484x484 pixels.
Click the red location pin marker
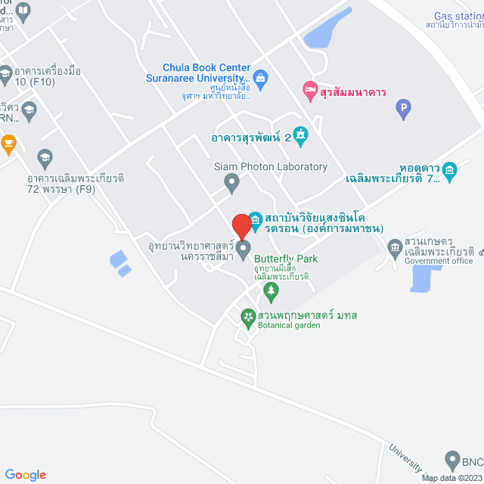pos(241,226)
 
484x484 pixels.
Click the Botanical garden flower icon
pos(247,316)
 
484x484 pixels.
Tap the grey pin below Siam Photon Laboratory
pos(233,181)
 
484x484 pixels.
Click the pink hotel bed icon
pos(309,92)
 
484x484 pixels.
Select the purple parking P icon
pos(403,110)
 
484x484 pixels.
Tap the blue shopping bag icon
pos(260,77)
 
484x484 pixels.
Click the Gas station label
pos(458,17)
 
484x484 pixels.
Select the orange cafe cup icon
pos(8,141)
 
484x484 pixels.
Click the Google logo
pos(25,475)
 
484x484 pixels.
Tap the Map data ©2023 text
pos(451,478)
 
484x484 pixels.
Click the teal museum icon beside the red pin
pos(255,221)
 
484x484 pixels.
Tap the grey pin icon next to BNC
pos(451,459)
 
